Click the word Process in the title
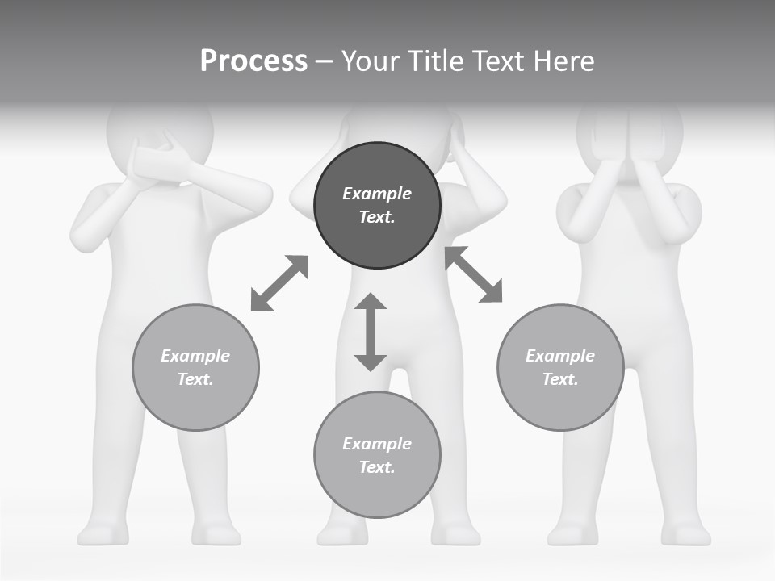click(253, 61)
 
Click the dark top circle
click(377, 205)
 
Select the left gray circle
click(195, 367)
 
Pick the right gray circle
click(560, 367)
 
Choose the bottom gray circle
click(377, 454)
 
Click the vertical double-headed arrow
click(371, 332)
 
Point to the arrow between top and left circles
click(279, 282)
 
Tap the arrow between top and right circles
click(474, 274)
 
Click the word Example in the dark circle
click(377, 194)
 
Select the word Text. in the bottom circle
click(377, 467)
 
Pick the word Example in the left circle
click(195, 356)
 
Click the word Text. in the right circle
click(560, 379)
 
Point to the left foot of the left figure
click(101, 533)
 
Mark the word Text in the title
click(495, 61)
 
